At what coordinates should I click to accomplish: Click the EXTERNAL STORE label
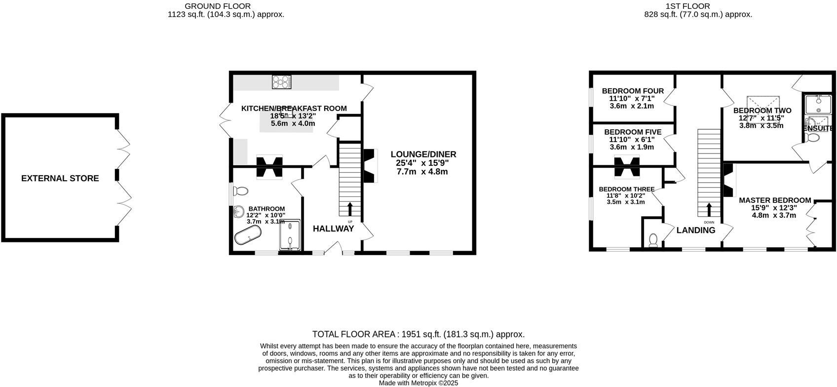[60, 178]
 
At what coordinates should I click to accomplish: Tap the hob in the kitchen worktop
[282, 82]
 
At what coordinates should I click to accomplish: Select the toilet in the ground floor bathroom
[241, 191]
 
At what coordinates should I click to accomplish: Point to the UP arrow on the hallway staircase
[350, 209]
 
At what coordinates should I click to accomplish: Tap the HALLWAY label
[333, 229]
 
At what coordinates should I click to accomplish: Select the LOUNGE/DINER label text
[423, 155]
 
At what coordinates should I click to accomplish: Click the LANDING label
[695, 230]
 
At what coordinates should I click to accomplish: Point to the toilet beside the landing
[653, 239]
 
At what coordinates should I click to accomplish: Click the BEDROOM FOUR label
[633, 91]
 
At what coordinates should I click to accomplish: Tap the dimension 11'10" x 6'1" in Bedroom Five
[632, 140]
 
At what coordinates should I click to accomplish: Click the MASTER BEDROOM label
[774, 200]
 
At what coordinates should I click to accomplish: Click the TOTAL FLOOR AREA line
[418, 334]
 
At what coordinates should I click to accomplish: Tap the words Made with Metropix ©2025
[418, 383]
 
